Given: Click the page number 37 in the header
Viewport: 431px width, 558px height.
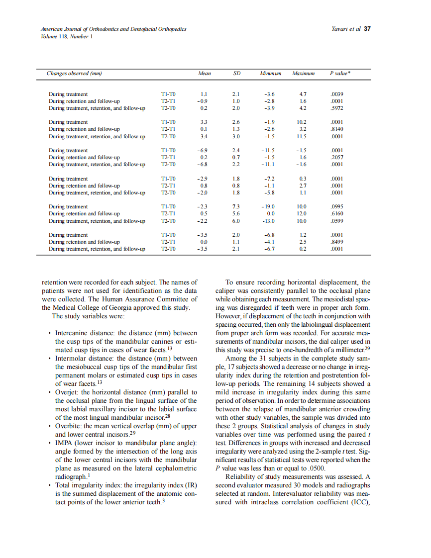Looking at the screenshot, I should coord(367,29).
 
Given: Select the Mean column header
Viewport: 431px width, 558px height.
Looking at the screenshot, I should coord(204,74).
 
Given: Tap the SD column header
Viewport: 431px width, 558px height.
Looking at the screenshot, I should coord(237,74).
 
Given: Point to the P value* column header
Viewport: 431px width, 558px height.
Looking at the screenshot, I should coord(340,74).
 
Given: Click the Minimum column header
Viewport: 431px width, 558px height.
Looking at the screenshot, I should coord(270,74).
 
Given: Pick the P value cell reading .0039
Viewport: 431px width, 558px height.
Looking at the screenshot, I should coord(337,94).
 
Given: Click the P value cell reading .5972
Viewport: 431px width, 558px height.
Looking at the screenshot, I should coord(337,107).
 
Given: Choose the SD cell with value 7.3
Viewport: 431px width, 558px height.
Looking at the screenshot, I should coord(237,206).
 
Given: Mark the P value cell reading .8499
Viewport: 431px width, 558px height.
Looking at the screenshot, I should coord(337,242).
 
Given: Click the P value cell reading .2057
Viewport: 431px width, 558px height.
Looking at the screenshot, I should coord(337,157).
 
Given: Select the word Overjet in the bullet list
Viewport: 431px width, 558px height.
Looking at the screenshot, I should coord(66,392).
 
